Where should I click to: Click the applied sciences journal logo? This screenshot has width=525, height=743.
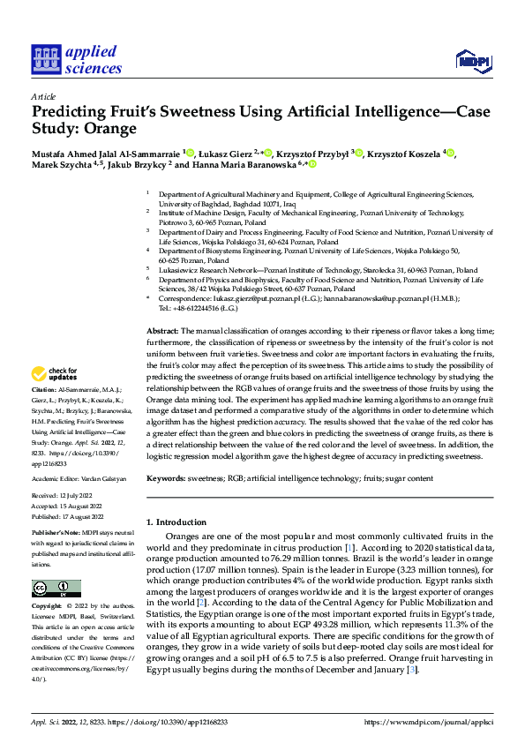(77, 58)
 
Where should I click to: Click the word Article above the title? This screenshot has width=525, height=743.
(43, 96)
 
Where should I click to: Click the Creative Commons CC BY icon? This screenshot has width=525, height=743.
(56, 588)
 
